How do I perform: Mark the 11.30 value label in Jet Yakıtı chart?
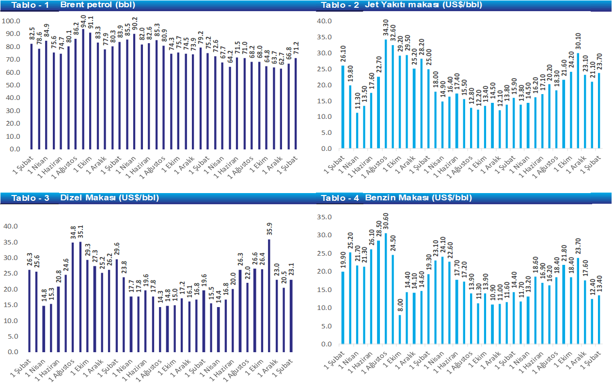[358, 103]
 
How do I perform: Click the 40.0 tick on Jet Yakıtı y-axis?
[323, 21]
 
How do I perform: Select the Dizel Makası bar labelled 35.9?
[269, 295]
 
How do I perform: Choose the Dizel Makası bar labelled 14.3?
[160, 329]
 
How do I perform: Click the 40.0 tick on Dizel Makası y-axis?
[11, 227]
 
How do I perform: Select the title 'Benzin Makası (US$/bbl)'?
[418, 198]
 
